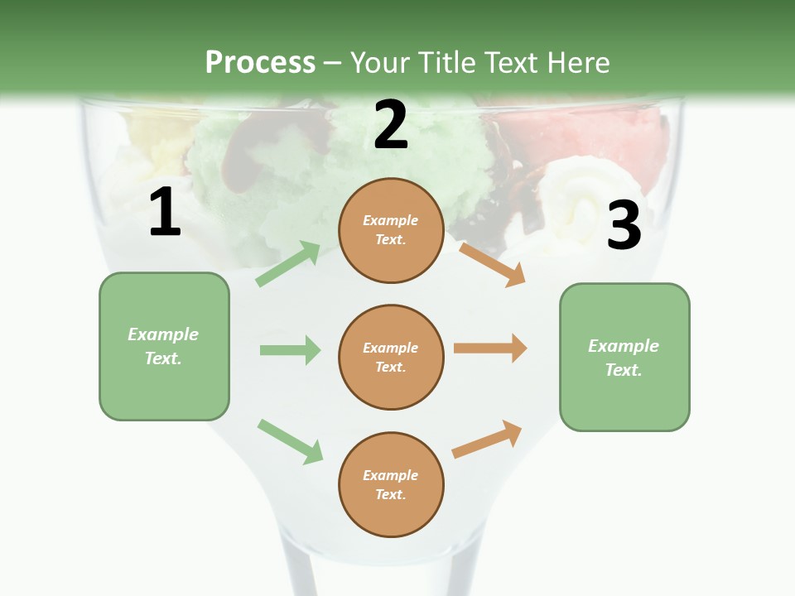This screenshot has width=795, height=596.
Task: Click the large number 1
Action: point(165,213)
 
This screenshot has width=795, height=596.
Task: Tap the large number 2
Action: point(391,125)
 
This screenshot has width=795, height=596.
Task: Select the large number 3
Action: point(624,225)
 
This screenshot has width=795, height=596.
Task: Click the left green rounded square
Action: point(164,346)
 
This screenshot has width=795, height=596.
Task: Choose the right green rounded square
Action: point(624,357)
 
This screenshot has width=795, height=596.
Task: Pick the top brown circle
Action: point(391,230)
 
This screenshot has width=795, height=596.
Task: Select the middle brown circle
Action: point(391,357)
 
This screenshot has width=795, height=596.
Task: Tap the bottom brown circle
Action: point(391,484)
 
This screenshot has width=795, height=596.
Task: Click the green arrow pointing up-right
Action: point(288,264)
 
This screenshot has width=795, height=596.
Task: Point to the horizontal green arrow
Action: point(290,350)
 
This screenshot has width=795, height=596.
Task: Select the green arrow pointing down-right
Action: point(290,441)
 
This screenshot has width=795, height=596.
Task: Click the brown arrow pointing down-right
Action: point(493,264)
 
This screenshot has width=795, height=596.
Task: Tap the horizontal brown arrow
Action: point(490,348)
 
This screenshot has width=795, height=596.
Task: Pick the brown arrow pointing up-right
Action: point(488,439)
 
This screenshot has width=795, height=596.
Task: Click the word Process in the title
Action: point(260,62)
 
